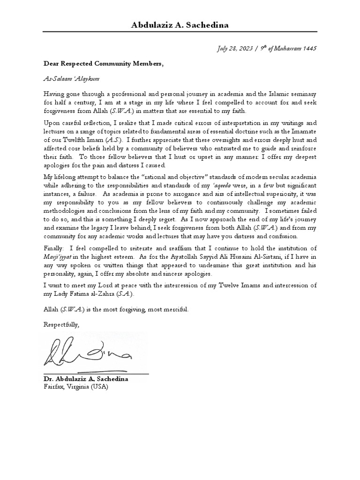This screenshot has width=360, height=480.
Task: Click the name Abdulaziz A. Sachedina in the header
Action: click(x=180, y=25)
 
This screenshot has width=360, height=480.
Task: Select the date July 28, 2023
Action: click(x=236, y=48)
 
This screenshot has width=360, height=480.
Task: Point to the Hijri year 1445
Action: click(x=309, y=48)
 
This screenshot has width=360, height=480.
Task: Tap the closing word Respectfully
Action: click(x=61, y=325)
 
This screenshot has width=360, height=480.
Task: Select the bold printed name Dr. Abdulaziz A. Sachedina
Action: click(x=86, y=379)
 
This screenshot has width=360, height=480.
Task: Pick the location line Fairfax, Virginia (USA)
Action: click(x=77, y=386)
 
